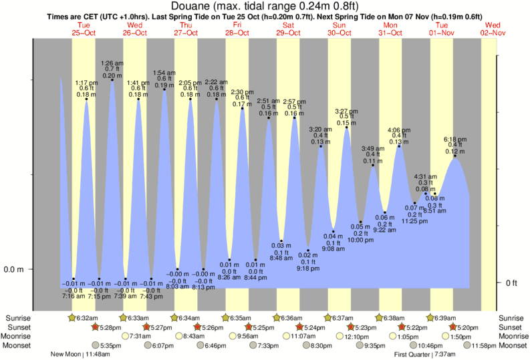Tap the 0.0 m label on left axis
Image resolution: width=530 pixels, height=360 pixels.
[x=14, y=270]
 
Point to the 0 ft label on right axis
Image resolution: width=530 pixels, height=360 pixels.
[x=512, y=283]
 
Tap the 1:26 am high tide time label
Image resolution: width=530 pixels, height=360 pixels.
[x=112, y=62]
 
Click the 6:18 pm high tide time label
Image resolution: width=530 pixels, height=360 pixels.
[x=455, y=139]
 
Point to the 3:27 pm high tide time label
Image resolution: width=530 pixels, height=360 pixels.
[x=347, y=111]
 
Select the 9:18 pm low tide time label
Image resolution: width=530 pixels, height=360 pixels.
[x=307, y=268]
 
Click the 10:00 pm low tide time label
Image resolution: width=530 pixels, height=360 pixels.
[x=360, y=240]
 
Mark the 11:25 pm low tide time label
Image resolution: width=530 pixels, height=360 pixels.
[x=414, y=221]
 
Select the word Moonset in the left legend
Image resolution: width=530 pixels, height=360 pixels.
[x=20, y=345]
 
